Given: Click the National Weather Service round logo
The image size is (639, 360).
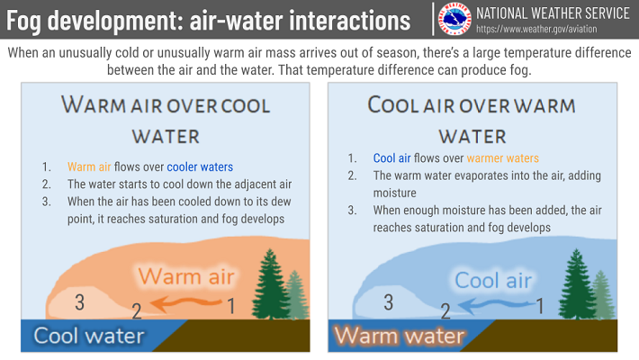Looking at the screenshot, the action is pyautogui.click(x=454, y=19).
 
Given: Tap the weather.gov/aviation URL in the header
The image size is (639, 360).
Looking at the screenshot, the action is pyautogui.click(x=536, y=29).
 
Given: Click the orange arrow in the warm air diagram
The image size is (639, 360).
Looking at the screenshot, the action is pyautogui.click(x=185, y=303).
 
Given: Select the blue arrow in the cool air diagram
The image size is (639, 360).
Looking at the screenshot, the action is pyautogui.click(x=496, y=305).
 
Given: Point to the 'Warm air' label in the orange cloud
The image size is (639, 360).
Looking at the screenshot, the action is pyautogui.click(x=186, y=276).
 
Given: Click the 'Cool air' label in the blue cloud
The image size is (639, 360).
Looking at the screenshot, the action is pyautogui.click(x=493, y=281).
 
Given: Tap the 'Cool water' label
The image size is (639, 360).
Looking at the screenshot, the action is pyautogui.click(x=89, y=336).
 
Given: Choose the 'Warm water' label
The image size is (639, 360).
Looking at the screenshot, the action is pyautogui.click(x=399, y=336).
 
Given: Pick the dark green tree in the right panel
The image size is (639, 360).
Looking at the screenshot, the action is pyautogui.click(x=577, y=284).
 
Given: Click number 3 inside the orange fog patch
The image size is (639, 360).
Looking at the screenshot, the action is pyautogui.click(x=80, y=302).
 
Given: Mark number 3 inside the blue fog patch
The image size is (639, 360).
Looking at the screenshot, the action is pyautogui.click(x=389, y=302).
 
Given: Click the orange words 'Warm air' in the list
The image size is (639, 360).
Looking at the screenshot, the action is pyautogui.click(x=89, y=166).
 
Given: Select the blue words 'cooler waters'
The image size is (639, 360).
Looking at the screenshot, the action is pyautogui.click(x=200, y=166).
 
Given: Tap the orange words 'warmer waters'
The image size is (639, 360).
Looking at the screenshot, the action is pyautogui.click(x=502, y=158).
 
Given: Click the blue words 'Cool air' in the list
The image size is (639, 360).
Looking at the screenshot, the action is pyautogui.click(x=392, y=158).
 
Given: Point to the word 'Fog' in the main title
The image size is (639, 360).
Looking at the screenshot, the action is pyautogui.click(x=23, y=21).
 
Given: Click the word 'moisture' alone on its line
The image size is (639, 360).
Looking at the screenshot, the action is pyautogui.click(x=394, y=193).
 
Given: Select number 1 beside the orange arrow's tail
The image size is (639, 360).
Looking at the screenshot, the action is pyautogui.click(x=231, y=306).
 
